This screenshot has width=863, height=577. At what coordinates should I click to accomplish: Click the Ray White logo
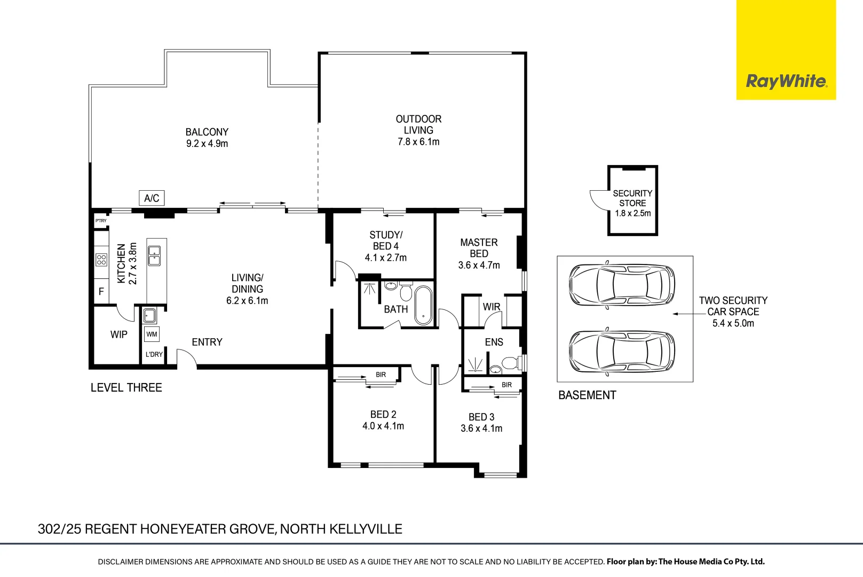tap(786, 81)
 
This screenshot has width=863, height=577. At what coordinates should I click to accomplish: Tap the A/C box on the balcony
tap(152, 198)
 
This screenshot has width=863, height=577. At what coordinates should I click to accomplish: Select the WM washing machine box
tap(152, 334)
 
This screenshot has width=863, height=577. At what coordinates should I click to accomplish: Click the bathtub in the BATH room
tap(423, 305)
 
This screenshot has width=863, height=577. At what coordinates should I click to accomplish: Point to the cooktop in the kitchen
tap(101, 260)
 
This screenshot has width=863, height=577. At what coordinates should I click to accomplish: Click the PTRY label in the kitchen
tap(101, 221)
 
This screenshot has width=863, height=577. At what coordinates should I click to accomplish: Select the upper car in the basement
tap(622, 285)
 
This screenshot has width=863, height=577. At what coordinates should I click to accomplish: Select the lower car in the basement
tap(622, 351)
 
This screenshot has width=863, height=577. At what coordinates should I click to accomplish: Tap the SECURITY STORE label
tap(632, 198)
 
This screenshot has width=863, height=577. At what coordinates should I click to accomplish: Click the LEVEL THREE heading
tap(126, 388)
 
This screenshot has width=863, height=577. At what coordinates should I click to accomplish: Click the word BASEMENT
tap(587, 395)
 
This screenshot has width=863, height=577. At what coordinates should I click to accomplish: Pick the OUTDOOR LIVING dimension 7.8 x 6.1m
tap(418, 142)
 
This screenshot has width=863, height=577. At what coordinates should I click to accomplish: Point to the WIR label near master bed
tap(492, 307)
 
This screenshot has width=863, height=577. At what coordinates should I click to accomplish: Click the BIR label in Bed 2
tap(381, 375)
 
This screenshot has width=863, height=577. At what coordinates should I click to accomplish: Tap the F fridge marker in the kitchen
tap(101, 292)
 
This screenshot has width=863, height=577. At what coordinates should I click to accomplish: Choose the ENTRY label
tap(207, 342)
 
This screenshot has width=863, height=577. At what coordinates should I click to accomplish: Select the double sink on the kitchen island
tap(154, 256)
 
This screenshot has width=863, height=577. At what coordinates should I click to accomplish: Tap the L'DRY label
tap(154, 355)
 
